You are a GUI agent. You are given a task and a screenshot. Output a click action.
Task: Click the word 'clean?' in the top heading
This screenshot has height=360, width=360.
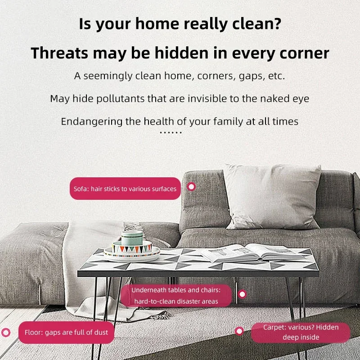point(256,24)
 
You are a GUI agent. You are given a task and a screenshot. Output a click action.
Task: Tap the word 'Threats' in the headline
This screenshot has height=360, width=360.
point(59,53)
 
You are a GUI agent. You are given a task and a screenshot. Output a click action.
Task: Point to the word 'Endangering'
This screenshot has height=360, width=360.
point(92,121)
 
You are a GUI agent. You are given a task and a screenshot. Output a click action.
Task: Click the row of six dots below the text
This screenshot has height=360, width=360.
point(171,132)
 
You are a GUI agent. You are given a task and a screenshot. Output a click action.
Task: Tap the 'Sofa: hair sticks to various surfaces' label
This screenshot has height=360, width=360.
point(125,189)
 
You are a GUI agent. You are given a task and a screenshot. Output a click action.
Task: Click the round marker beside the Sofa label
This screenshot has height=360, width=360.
point(191,187)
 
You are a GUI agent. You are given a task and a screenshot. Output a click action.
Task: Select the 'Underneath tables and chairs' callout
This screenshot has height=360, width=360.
point(176,296)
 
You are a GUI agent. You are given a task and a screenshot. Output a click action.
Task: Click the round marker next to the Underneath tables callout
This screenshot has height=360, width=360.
point(242,294)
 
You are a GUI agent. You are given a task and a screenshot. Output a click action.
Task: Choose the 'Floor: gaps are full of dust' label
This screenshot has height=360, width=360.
point(66,332)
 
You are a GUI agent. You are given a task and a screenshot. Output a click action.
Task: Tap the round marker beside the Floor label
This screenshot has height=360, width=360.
point(6,332)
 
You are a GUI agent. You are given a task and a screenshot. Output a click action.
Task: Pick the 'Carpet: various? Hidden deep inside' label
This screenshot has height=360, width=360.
point(301,332)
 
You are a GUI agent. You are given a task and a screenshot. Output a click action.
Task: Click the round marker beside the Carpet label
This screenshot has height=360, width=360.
point(239,331)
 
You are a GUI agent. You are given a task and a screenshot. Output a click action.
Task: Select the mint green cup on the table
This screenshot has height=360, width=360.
point(132,238)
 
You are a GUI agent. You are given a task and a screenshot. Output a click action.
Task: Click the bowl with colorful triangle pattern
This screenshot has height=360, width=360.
point(132,247)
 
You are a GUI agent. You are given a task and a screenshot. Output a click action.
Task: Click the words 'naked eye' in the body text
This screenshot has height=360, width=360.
point(285,99)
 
